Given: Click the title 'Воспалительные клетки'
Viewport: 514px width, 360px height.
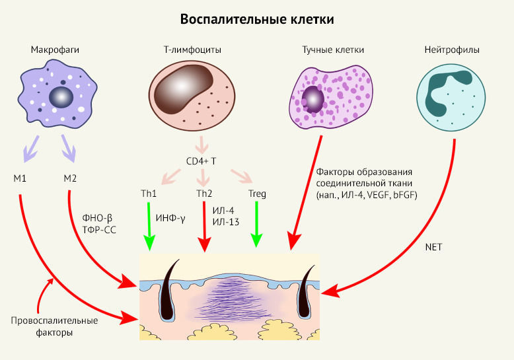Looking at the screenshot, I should [x=257, y=19].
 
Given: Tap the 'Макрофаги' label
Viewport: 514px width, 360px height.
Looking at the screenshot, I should [x=51, y=50].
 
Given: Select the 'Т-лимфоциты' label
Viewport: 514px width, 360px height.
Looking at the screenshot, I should [x=192, y=50].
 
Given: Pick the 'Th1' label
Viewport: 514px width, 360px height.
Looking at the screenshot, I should [x=148, y=194].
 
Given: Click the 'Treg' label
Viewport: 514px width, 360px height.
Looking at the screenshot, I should [x=257, y=194].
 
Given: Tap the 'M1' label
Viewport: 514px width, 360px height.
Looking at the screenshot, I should [x=19, y=178].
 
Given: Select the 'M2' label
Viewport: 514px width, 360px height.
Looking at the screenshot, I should [x=70, y=178].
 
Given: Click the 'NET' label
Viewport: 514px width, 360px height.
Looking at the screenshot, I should [x=433, y=247].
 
